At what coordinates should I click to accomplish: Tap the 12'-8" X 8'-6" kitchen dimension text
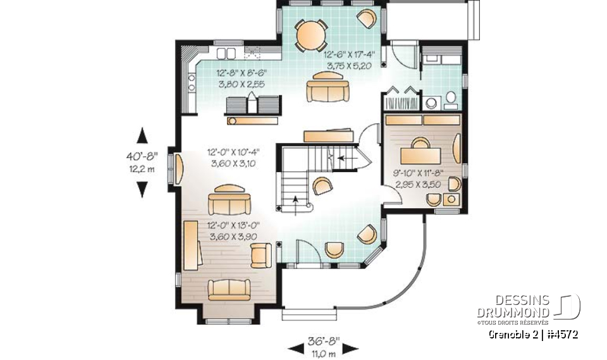236,73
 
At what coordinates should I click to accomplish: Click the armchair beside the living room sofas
261,254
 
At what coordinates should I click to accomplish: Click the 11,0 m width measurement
323,353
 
